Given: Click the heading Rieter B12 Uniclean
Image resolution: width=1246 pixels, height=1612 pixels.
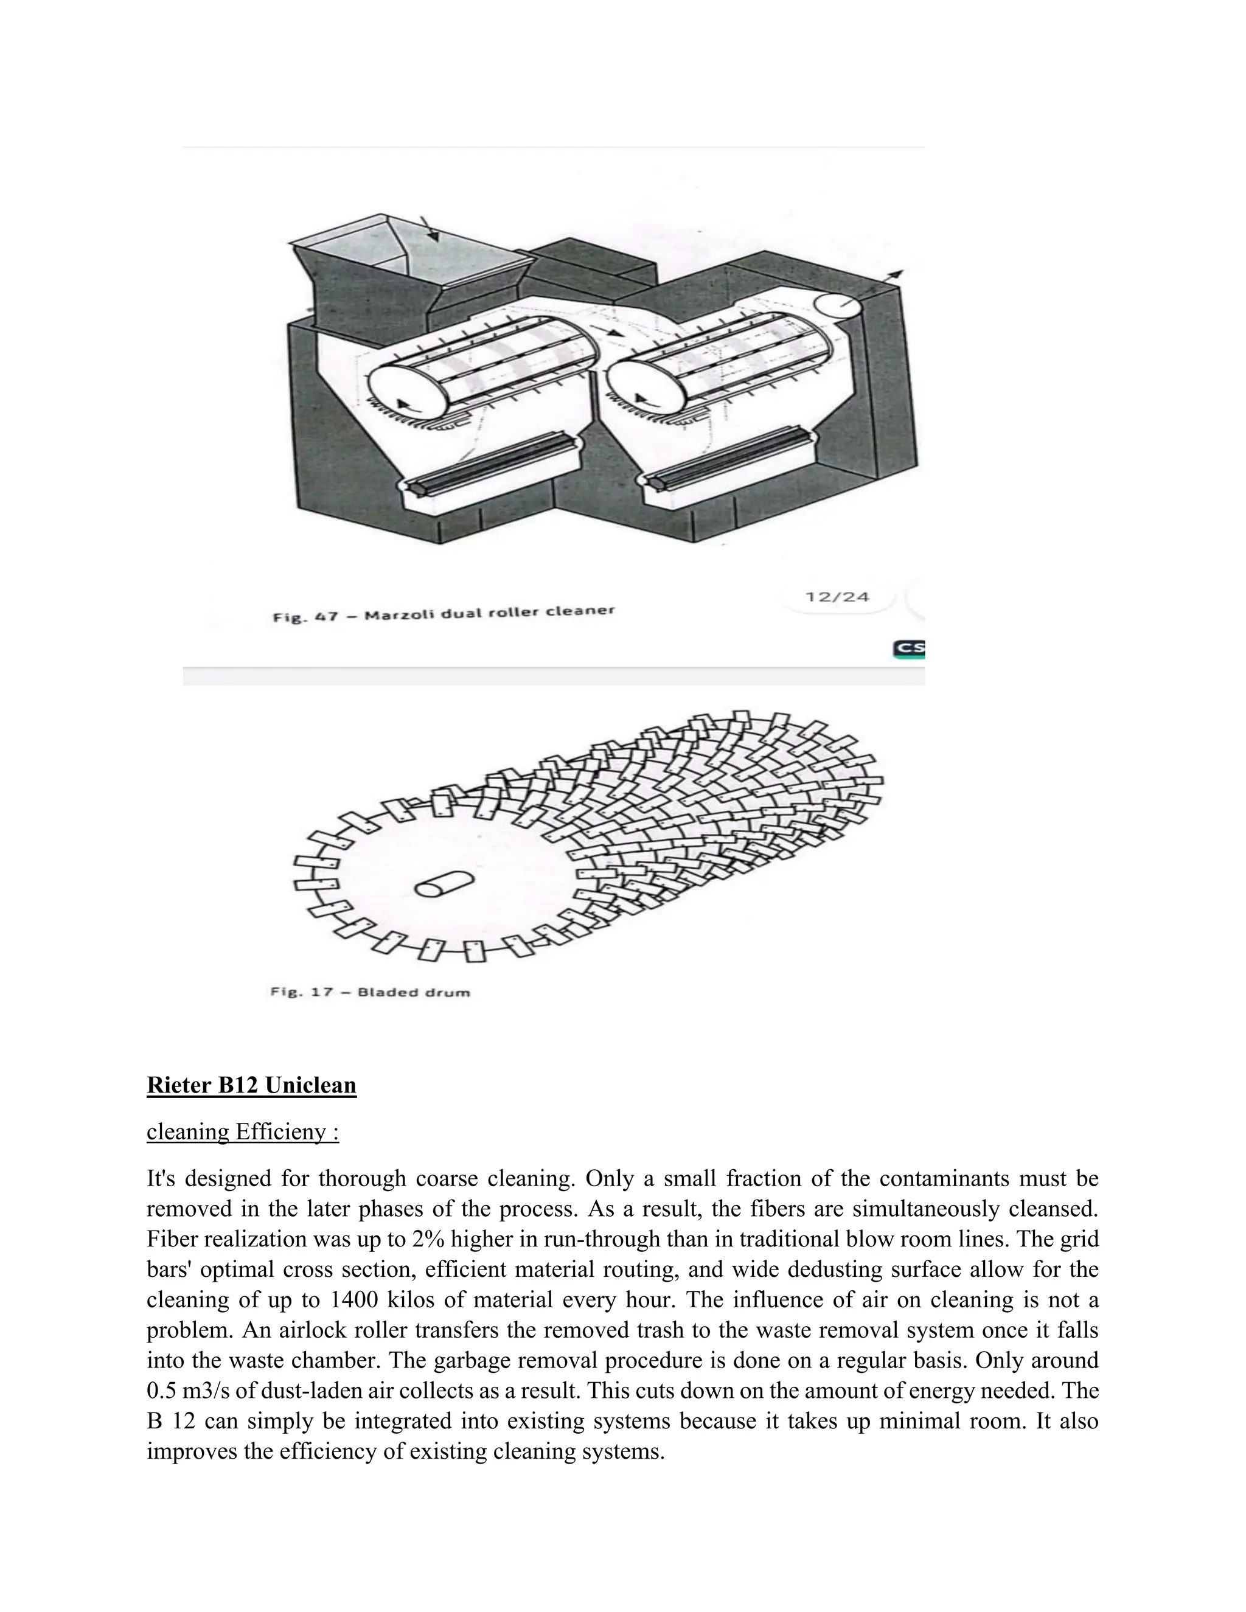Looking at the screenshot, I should click(251, 1085).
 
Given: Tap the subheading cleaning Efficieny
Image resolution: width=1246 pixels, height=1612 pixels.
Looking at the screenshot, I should click(242, 1131).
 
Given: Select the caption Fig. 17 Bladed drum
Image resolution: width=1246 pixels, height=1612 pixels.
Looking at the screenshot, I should click(370, 992).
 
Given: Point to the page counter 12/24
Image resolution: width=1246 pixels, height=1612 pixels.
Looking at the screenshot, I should click(837, 596).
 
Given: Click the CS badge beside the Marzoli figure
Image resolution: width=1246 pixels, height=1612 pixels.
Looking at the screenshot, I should click(909, 649).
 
